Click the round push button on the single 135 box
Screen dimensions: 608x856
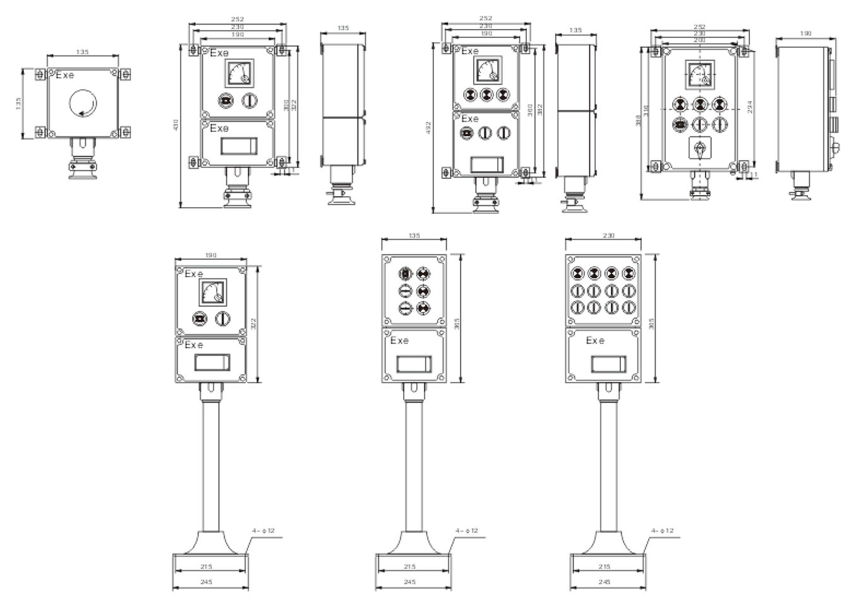pyautogui.click(x=83, y=102)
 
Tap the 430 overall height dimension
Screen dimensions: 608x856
pyautogui.click(x=176, y=126)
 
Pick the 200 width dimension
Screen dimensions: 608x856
pyautogui.click(x=699, y=40)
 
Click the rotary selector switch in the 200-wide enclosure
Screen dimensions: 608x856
pyautogui.click(x=699, y=149)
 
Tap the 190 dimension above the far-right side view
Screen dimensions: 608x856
pyautogui.click(x=805, y=33)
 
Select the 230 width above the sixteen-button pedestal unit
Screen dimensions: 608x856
pyautogui.click(x=608, y=235)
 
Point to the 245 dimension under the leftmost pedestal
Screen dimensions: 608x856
pyautogui.click(x=206, y=582)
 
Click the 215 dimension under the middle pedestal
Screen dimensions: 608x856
pyautogui.click(x=409, y=567)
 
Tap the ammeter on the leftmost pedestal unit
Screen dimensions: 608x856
pyautogui.click(x=210, y=292)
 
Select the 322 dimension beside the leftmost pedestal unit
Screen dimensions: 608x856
pyautogui.click(x=253, y=324)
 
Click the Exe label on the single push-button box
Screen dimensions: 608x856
pyautogui.click(x=64, y=75)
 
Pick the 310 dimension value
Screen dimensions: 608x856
pyautogui.click(x=286, y=105)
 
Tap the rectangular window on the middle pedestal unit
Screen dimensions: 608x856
pyautogui.click(x=414, y=366)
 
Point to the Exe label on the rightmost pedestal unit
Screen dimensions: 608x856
pyautogui.click(x=594, y=341)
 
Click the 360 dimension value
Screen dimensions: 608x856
pyautogui.click(x=529, y=109)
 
